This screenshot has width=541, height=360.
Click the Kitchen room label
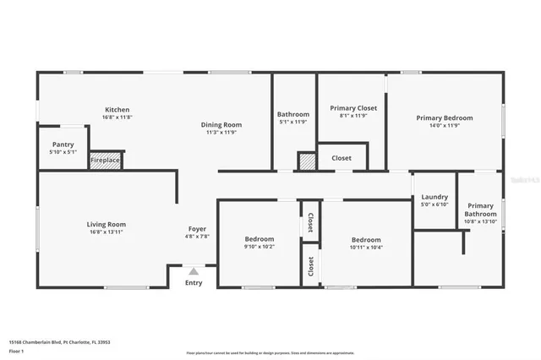pos(117,110)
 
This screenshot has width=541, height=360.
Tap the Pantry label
pos(63,145)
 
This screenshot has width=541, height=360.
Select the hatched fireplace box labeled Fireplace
pos(106,159)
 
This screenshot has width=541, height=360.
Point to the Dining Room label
pos(221,124)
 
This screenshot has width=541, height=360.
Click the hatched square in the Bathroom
pos(306,161)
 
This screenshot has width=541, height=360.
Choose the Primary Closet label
pos(353,108)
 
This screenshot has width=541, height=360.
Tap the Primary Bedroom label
pos(444,117)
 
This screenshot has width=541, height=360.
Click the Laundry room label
pos(434,197)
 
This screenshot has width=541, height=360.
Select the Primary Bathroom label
pos(480,210)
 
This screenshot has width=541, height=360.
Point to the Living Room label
pos(106,224)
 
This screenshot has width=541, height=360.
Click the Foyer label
pos(197,229)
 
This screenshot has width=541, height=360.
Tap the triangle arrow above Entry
pos(194,271)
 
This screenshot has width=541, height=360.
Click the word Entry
pos(194,282)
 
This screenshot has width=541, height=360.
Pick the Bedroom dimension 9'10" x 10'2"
pos(259,247)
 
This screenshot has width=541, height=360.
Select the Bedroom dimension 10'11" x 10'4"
pos(365,247)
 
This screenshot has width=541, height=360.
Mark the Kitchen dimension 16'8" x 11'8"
pos(117,117)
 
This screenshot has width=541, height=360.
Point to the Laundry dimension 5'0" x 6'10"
pos(434,205)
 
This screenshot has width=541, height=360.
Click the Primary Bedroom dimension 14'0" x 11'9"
pos(444,125)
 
